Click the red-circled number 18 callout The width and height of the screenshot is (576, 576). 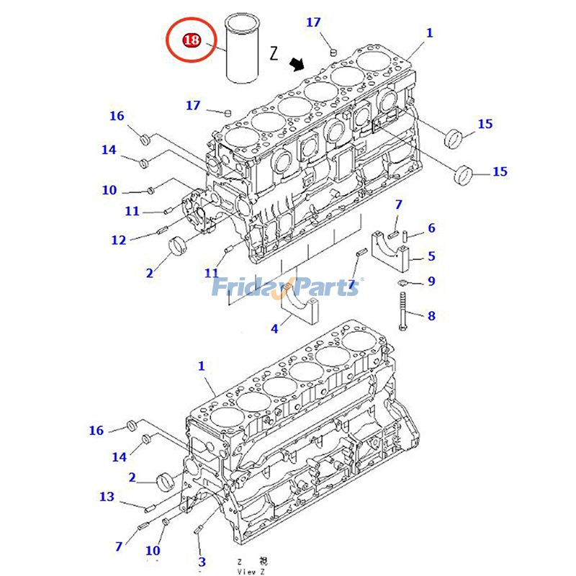click(192, 40)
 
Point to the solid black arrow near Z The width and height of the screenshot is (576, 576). click(296, 66)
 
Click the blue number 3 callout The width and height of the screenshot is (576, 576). click(202, 561)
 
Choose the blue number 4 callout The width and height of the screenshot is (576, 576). click(274, 329)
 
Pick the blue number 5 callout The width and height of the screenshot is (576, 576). click(431, 256)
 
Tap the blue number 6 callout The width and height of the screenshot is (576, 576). click(431, 228)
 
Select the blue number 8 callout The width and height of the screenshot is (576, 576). click(431, 315)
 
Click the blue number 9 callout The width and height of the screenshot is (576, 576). click(431, 281)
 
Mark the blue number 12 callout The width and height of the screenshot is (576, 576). click(119, 240)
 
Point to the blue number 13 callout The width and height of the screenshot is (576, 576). click(107, 496)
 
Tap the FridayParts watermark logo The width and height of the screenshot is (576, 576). click(288, 288)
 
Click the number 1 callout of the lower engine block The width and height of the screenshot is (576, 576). click(202, 366)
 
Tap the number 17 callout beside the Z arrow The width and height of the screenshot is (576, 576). click(313, 22)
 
